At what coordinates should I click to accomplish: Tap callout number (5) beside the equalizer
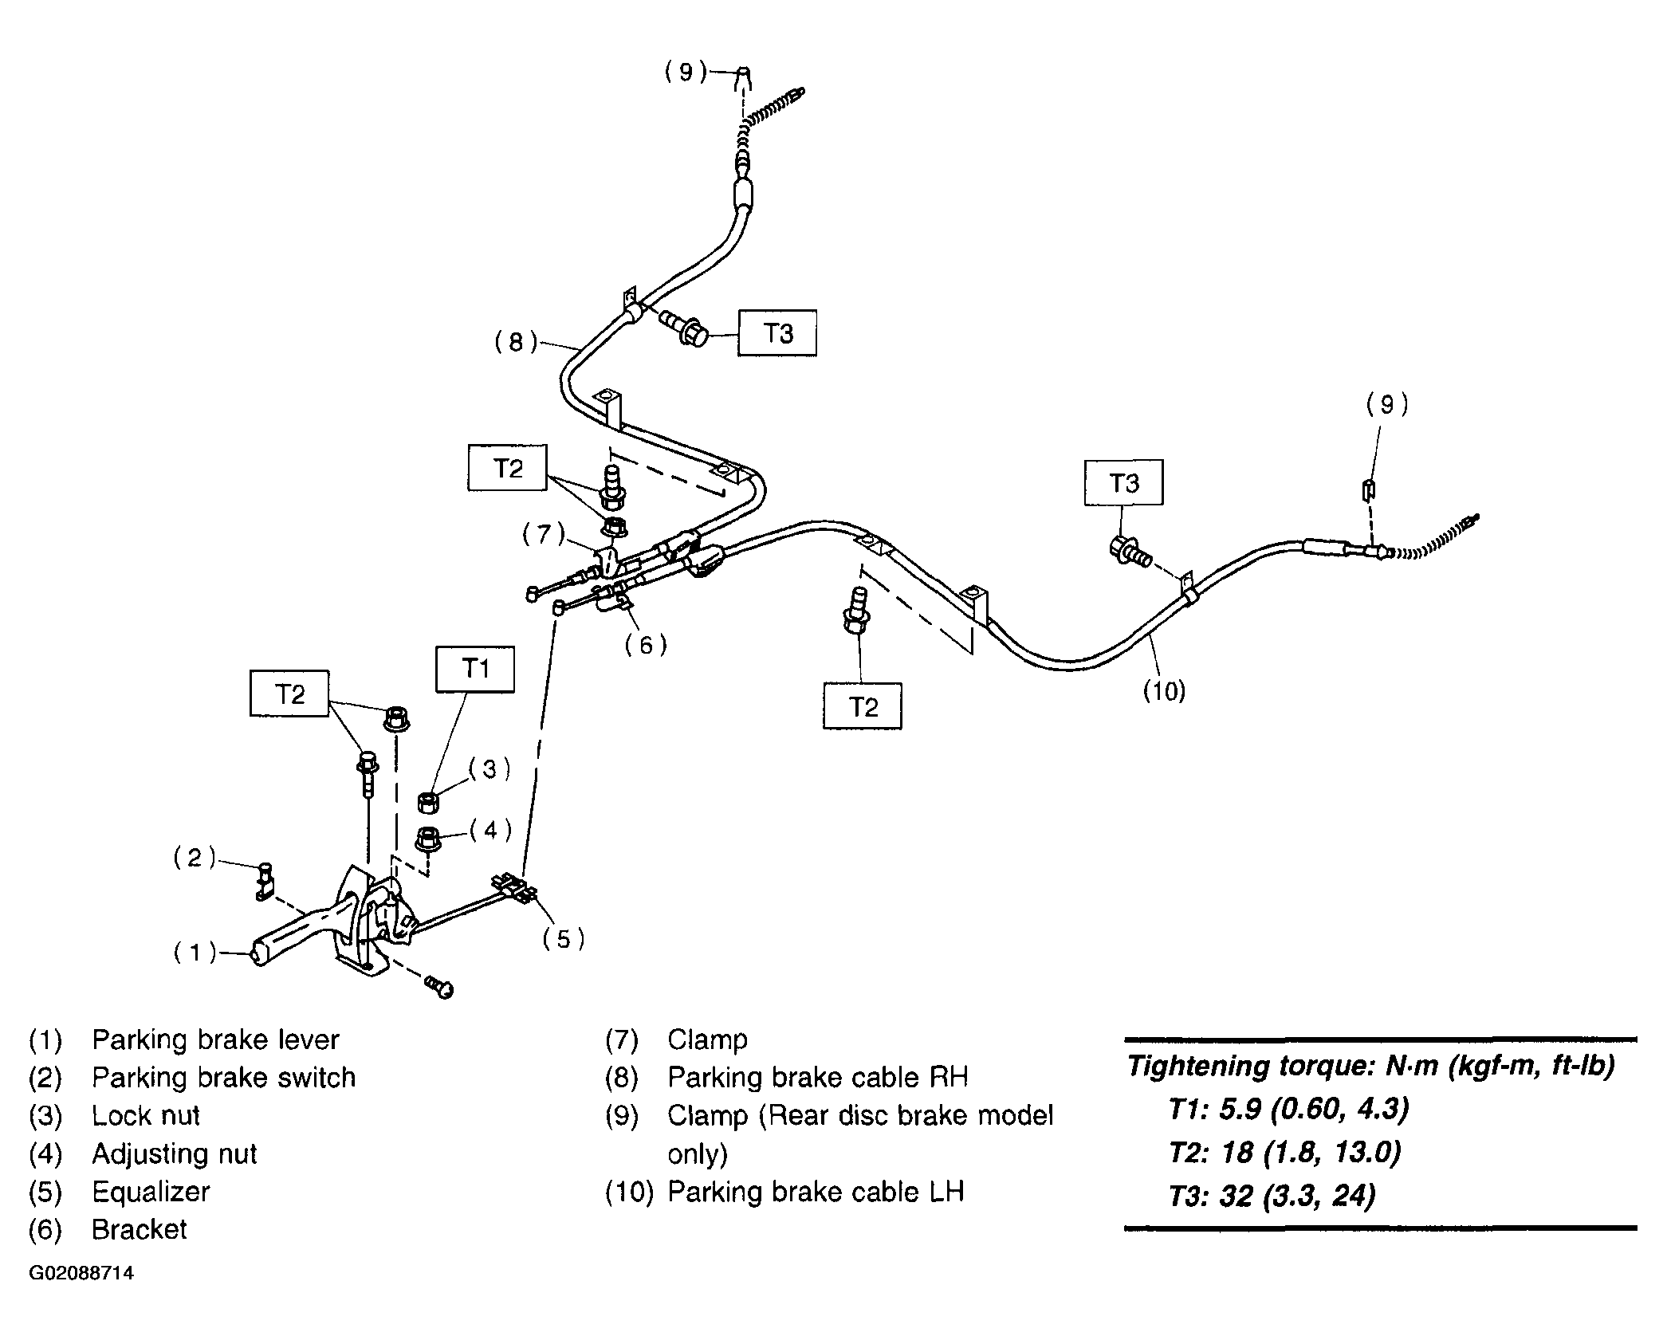(564, 939)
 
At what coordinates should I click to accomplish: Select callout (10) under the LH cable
(1165, 690)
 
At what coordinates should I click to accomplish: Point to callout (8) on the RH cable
(516, 342)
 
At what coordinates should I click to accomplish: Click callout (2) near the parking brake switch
(195, 858)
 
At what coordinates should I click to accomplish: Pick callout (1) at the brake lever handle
(195, 952)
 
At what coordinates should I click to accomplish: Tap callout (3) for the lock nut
(489, 768)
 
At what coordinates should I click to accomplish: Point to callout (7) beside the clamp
(544, 533)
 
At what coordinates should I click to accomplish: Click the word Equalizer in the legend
(151, 1192)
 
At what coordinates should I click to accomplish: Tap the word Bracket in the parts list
(140, 1229)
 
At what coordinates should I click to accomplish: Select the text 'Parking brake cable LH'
(816, 1192)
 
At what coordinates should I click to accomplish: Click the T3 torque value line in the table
(1272, 1196)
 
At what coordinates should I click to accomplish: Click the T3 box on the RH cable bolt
(777, 332)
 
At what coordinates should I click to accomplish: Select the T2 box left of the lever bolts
(289, 694)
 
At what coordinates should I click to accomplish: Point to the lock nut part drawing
(429, 802)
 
